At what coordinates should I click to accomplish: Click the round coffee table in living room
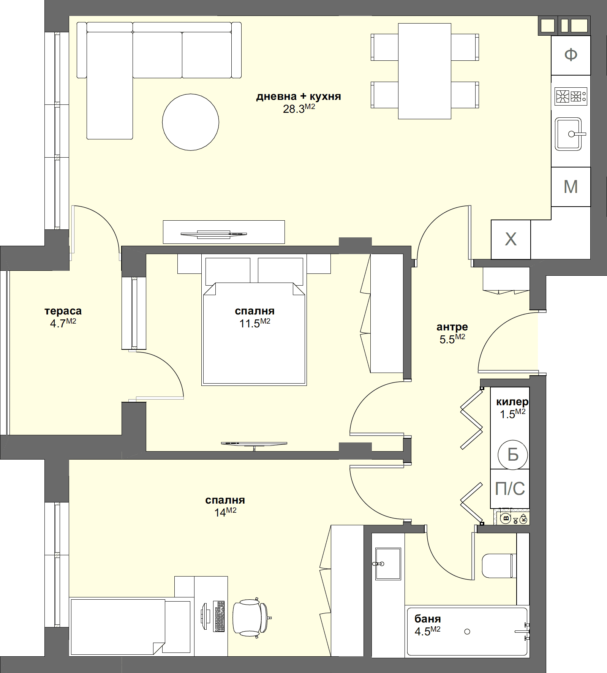[x=190, y=122]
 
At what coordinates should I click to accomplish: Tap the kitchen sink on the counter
[x=568, y=134]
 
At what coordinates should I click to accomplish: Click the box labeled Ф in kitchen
[x=571, y=55]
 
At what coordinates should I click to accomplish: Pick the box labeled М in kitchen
[x=571, y=187]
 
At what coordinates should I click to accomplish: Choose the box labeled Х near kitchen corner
[x=511, y=240]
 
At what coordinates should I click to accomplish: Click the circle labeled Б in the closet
[x=513, y=455]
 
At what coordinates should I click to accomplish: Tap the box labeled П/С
[x=510, y=489]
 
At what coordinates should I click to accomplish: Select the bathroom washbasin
[x=388, y=564]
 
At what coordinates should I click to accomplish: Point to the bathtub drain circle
[x=467, y=631]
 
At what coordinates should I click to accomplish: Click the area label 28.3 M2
[x=299, y=109]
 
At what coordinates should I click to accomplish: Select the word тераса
[x=63, y=311]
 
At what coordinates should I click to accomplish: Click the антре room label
[x=452, y=327]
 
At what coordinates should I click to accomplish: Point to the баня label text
[x=428, y=619]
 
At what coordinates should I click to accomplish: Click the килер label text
[x=512, y=402]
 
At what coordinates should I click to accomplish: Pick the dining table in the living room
[x=424, y=71]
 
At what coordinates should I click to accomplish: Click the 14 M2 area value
[x=225, y=512]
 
